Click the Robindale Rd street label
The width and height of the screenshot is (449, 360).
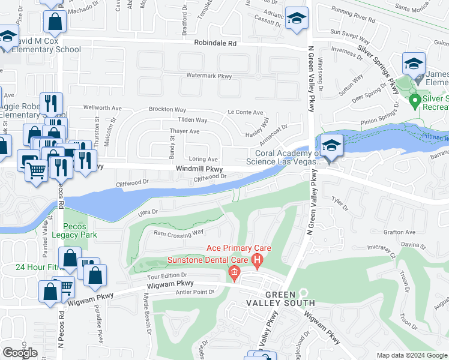215,44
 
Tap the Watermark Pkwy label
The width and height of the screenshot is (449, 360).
208,76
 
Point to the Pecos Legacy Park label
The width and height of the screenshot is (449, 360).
80,231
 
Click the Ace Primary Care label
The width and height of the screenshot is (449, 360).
239,248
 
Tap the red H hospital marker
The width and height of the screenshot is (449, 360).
258,260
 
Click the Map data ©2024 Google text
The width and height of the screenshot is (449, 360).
411,355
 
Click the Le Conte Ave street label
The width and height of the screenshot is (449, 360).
246,112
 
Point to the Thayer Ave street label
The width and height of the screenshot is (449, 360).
185,131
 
